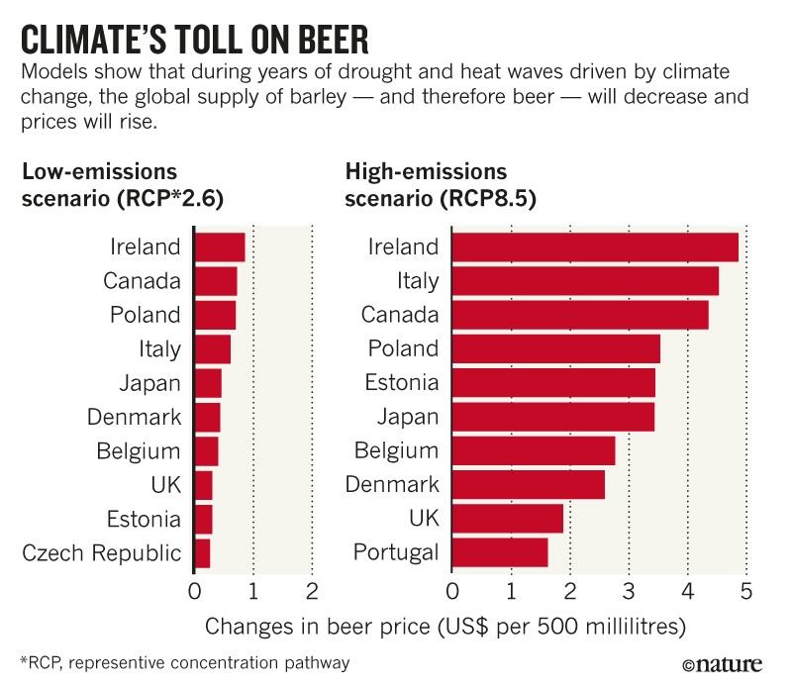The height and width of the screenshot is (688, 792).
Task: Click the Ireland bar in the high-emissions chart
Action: tap(595, 246)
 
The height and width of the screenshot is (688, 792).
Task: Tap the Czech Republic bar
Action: tap(203, 553)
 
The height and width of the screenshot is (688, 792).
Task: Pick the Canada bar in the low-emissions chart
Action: tap(216, 281)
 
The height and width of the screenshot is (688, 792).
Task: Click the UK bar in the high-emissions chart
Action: tap(508, 519)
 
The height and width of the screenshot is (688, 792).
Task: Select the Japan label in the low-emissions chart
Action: tap(147, 383)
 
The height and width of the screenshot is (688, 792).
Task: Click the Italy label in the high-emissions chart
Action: tap(416, 281)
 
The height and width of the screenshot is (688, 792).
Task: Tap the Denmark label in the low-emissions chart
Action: tap(134, 417)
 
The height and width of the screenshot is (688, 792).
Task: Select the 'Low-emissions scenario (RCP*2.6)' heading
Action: tap(123, 184)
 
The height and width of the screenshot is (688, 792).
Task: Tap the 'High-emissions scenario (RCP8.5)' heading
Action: tap(441, 184)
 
